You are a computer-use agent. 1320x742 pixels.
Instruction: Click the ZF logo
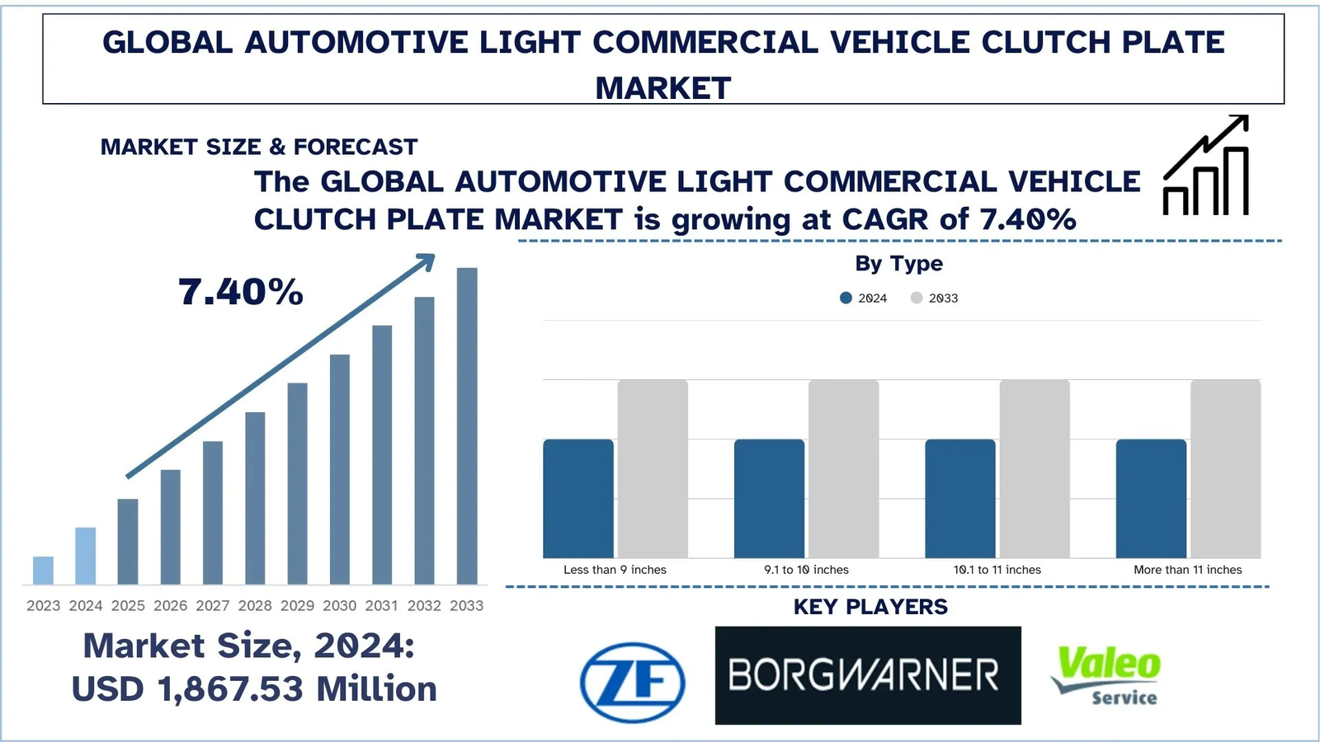coord(632,682)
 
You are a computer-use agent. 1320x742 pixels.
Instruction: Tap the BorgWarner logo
coord(867,675)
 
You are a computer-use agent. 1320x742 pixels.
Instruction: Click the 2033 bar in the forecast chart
coord(467,425)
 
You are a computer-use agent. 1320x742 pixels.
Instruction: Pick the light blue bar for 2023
coord(43,571)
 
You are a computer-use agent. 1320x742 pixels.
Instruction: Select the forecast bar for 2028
coord(255,498)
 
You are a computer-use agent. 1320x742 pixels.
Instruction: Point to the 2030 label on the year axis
coord(339,605)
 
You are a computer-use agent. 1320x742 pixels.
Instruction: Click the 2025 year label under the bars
coord(128,605)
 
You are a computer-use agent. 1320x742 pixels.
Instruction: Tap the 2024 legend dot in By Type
coord(846,298)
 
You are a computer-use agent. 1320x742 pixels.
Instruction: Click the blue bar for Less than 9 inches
coord(577,498)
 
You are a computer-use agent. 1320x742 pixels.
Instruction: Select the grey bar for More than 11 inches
coord(1225,468)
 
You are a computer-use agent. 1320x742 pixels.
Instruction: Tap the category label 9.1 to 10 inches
coord(806,570)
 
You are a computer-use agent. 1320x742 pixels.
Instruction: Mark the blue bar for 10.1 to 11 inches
coord(959,498)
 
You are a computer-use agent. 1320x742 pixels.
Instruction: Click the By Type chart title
coord(898,264)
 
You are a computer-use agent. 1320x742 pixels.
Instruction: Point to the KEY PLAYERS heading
coord(870,607)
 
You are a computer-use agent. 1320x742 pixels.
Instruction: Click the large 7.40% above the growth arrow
coord(241,292)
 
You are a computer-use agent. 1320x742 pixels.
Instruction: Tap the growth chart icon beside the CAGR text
coord(1206,167)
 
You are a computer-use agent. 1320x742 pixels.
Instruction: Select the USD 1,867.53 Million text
coord(254,689)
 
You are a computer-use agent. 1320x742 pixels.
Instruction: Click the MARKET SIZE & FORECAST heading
coord(259,147)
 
